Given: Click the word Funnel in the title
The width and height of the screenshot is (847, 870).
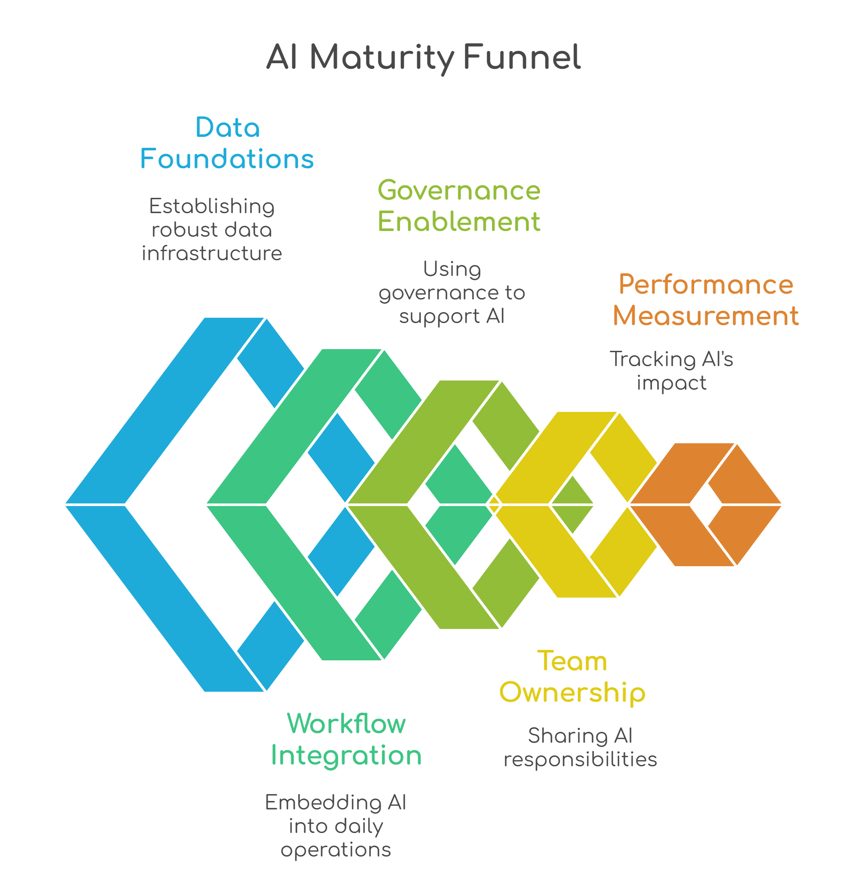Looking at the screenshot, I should [522, 58].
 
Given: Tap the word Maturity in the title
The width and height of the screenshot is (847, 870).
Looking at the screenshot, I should [382, 58].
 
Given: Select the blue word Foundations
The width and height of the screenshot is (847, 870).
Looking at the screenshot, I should [227, 159].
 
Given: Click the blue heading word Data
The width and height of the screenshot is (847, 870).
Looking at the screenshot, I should [227, 128].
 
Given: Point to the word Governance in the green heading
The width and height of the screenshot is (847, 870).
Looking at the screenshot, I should [459, 190].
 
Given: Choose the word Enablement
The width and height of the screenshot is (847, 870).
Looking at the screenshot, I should [459, 221].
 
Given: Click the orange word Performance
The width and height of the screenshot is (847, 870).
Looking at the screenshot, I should [705, 284].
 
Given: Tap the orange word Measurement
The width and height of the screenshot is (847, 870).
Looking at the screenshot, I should [705, 316].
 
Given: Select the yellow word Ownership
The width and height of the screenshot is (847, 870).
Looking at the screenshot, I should [572, 693].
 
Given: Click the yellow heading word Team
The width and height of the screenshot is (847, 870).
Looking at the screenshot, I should [572, 661].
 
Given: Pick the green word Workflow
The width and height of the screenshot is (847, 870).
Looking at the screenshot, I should [346, 724].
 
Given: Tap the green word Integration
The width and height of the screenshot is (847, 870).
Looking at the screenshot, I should [346, 756].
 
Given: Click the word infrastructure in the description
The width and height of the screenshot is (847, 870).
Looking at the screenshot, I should [212, 253].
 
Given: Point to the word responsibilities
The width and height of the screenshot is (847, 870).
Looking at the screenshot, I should [580, 760].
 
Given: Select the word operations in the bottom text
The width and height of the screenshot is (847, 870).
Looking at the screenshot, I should [336, 850].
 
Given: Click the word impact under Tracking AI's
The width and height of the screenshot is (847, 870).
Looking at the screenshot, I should [671, 383].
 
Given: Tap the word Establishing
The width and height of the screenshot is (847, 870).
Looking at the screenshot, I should [212, 206].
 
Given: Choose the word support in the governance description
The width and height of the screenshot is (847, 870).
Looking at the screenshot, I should [439, 317].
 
